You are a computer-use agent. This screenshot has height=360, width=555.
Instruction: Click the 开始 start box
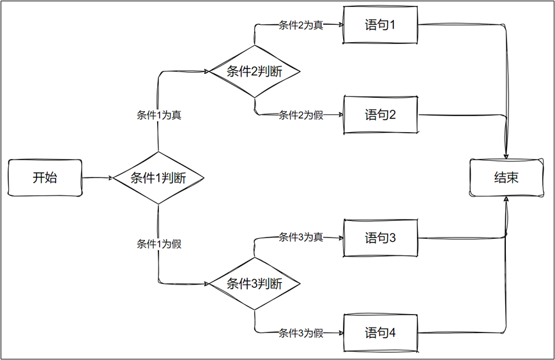pyautogui.click(x=45, y=178)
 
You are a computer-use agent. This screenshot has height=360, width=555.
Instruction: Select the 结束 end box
pyautogui.click(x=506, y=178)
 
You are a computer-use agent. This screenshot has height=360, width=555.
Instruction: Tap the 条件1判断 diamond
pyautogui.click(x=158, y=178)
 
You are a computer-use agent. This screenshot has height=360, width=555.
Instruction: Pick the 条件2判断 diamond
pyautogui.click(x=255, y=71)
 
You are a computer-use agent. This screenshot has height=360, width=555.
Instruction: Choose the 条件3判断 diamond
pyautogui.click(x=255, y=284)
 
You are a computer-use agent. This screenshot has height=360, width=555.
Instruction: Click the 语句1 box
pyautogui.click(x=381, y=26)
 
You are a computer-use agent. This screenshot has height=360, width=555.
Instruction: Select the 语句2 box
pyautogui.click(x=381, y=115)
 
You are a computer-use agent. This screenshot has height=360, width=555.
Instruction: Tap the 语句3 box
pyautogui.click(x=381, y=238)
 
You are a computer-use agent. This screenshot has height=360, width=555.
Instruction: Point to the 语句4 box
pyautogui.click(x=381, y=333)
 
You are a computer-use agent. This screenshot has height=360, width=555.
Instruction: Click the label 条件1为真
pyautogui.click(x=158, y=116)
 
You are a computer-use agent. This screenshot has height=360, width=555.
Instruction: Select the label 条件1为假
pyautogui.click(x=158, y=244)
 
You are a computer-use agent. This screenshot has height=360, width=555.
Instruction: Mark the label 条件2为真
pyautogui.click(x=301, y=26)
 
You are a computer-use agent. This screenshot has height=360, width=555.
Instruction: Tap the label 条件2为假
pyautogui.click(x=301, y=116)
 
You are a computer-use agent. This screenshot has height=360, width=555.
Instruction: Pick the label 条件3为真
pyautogui.click(x=301, y=237)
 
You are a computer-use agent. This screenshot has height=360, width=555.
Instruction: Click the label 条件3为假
pyautogui.click(x=301, y=333)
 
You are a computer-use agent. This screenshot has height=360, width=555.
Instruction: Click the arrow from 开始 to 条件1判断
pyautogui.click(x=97, y=178)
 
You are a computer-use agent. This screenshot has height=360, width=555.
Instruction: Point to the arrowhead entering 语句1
pyautogui.click(x=340, y=26)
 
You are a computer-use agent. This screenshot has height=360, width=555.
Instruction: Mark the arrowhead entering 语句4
pyautogui.click(x=340, y=333)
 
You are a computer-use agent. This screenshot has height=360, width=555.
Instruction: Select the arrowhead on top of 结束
pyautogui.click(x=506, y=156)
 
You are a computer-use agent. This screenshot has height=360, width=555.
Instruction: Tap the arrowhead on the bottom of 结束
pyautogui.click(x=506, y=200)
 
